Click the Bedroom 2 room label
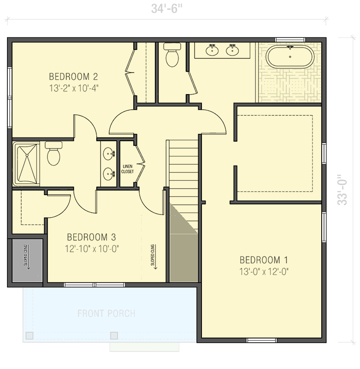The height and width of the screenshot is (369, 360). pyautogui.click(x=73, y=77)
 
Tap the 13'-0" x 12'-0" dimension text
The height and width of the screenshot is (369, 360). pyautogui.click(x=264, y=272)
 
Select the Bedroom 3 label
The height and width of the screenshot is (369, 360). pyautogui.click(x=91, y=237)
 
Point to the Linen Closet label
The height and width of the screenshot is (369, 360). pyautogui.click(x=127, y=169)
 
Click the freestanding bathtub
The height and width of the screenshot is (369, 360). pyautogui.click(x=290, y=57)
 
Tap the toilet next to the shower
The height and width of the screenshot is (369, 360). pyautogui.click(x=53, y=153)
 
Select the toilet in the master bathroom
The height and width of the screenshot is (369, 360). pyautogui.click(x=172, y=55)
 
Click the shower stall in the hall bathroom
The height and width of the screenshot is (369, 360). pyautogui.click(x=26, y=164)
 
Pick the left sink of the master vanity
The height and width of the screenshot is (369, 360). pyautogui.click(x=212, y=50)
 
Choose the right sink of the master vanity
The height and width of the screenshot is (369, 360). pyautogui.click(x=232, y=50)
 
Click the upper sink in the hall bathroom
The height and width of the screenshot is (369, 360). pyautogui.click(x=109, y=154)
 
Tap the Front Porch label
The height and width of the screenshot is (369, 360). pyautogui.click(x=106, y=314)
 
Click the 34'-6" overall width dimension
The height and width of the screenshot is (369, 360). pyautogui.click(x=167, y=9)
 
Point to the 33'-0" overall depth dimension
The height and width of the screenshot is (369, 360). pyautogui.click(x=342, y=190)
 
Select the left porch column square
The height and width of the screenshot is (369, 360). pyautogui.click(x=30, y=335)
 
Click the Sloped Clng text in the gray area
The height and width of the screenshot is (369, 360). pyautogui.click(x=26, y=256)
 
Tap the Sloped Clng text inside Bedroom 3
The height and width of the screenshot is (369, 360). pyautogui.click(x=153, y=256)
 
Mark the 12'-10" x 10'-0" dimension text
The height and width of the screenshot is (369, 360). pyautogui.click(x=92, y=249)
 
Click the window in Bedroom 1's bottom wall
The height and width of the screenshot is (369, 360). pyautogui.click(x=261, y=340)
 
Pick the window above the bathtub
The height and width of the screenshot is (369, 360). pyautogui.click(x=290, y=40)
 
